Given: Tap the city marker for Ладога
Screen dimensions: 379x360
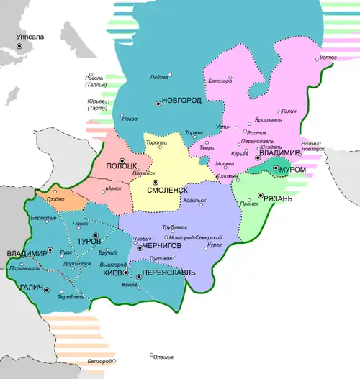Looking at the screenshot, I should (169, 74).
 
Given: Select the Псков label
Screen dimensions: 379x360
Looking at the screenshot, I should (130, 119).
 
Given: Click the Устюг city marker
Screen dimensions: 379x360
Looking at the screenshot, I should (317, 58).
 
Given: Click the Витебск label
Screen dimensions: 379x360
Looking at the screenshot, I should (145, 173).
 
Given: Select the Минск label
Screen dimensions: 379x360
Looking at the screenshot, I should (114, 188).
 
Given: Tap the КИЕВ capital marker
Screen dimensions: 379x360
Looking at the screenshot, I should (126, 274).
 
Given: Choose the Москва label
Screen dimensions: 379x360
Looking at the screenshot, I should (225, 163).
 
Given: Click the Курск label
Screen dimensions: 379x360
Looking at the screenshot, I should (214, 244).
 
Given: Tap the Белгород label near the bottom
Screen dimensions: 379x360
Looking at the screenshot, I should (100, 360).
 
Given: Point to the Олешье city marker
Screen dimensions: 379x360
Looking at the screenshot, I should (152, 355).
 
